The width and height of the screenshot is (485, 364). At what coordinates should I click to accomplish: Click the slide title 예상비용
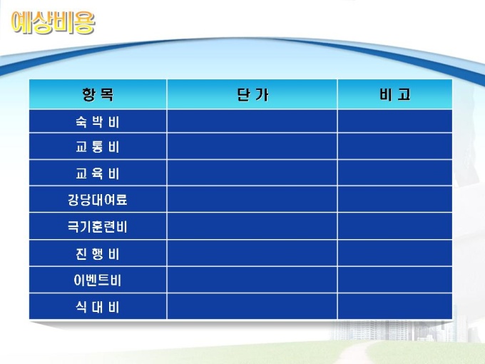coord(53,22)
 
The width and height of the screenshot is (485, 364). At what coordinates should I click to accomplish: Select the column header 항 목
coord(98,94)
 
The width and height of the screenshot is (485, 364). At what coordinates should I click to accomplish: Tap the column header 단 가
coord(252,94)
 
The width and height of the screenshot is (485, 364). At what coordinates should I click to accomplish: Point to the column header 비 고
coord(395,94)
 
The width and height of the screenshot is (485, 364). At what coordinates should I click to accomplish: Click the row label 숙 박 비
coord(98,122)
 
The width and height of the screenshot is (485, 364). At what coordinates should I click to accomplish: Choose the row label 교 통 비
coord(98,147)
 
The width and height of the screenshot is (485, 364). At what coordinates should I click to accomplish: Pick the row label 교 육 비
coord(98,173)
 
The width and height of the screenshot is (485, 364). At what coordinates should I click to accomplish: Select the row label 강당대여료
coord(98,200)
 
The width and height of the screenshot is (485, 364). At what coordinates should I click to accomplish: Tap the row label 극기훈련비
coord(98,226)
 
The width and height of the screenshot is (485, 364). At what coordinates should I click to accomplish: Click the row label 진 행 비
coord(98,254)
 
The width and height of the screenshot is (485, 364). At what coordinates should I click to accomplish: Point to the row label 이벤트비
coord(98,280)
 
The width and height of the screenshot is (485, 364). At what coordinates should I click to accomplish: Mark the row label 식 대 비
coord(98,307)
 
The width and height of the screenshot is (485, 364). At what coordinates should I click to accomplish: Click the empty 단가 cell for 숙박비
coord(252,121)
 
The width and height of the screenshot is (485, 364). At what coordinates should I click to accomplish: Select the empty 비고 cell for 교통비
coord(395,146)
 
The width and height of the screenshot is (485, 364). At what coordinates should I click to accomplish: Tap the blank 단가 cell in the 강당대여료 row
coord(252,199)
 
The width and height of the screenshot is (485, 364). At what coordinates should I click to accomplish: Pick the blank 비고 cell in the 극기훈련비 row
coord(395,226)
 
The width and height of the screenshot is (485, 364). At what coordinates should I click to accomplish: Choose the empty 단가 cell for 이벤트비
coord(252,280)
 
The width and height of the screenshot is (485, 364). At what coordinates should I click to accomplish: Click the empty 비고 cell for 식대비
coord(395,306)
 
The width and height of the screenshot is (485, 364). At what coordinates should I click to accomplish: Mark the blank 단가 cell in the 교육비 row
coord(252,173)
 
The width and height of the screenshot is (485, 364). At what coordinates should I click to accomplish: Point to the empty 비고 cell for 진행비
coord(395,253)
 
